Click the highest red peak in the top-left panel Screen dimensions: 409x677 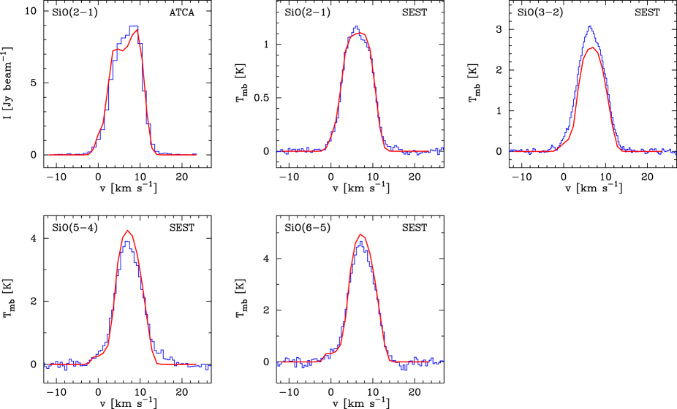(x=137, y=30)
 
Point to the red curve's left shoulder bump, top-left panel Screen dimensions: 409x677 (x=116, y=49)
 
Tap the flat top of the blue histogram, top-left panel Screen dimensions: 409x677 (x=134, y=27)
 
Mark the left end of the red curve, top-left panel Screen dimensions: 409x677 (x=50, y=155)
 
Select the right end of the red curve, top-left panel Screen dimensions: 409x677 (x=196, y=155)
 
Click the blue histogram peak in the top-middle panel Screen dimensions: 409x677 (x=356, y=27)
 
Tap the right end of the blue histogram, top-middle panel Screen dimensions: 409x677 (x=443, y=149)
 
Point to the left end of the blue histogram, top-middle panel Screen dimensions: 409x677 (x=279, y=151)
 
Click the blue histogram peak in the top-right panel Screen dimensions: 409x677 (x=589, y=27)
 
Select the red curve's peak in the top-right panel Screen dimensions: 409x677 (x=594, y=48)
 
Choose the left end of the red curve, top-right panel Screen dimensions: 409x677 (x=515, y=151)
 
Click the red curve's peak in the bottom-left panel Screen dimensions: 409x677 (x=128, y=231)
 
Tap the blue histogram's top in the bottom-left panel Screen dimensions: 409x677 (x=127, y=241)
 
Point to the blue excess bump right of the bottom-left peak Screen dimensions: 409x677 (x=159, y=351)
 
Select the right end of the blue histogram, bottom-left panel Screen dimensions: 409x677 (x=210, y=367)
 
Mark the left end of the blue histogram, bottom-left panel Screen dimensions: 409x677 (x=44, y=364)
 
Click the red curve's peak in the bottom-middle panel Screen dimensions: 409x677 (x=360, y=234)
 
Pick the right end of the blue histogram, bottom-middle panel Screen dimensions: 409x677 (x=443, y=361)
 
